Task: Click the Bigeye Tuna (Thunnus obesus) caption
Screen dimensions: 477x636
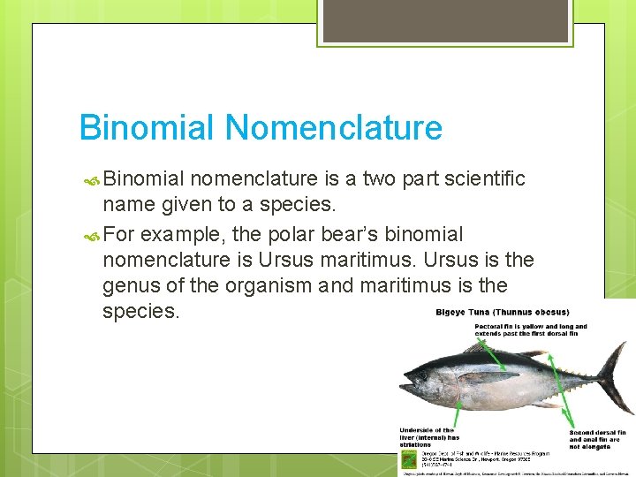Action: click(x=503, y=312)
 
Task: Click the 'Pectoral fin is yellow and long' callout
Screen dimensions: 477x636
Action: click(x=530, y=330)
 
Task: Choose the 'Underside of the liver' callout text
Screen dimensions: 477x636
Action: click(x=429, y=436)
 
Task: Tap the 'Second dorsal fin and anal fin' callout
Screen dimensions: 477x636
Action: click(x=594, y=436)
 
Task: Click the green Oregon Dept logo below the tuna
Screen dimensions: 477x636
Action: click(x=408, y=459)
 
